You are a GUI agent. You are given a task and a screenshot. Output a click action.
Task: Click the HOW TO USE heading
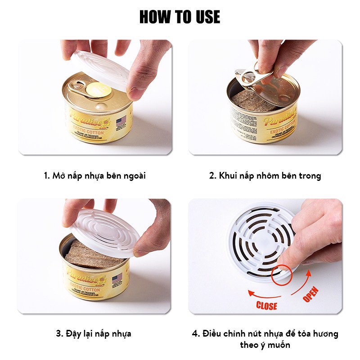[180, 17]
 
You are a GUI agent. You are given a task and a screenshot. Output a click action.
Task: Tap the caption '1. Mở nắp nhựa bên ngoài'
[94, 175]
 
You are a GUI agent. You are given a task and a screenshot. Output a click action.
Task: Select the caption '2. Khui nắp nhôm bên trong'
[265, 175]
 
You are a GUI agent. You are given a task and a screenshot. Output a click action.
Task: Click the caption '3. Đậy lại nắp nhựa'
[93, 333]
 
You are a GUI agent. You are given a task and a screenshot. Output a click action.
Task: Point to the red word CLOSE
[266, 306]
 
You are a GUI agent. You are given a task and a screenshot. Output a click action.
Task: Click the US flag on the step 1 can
[121, 121]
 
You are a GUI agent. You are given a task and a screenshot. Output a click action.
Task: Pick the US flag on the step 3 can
[117, 278]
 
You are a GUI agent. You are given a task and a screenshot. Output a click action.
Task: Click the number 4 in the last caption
[195, 334]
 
